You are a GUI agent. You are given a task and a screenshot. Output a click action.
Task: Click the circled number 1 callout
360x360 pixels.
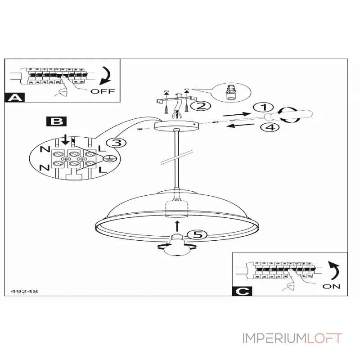click(x=263, y=107)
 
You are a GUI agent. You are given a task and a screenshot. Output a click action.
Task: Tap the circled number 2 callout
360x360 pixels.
click(x=201, y=106)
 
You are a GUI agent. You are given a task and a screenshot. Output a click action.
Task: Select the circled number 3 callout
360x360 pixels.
click(x=117, y=143)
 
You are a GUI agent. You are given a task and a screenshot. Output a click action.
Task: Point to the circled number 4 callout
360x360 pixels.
click(x=270, y=127)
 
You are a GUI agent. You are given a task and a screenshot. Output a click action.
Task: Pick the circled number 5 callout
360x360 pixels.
click(x=197, y=234)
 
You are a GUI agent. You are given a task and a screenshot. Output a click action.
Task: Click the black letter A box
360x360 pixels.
click(x=15, y=98)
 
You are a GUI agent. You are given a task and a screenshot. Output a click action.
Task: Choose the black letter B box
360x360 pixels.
click(x=57, y=121)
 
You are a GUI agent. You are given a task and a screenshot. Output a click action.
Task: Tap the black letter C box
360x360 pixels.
click(x=242, y=291)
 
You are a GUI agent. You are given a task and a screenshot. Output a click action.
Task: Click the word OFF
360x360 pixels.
click(x=103, y=91)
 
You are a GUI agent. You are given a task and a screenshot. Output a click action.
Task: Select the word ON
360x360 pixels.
click(x=331, y=287)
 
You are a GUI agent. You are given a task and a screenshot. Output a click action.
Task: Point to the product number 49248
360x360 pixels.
click(x=24, y=291)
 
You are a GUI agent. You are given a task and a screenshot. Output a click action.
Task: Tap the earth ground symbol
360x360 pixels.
click(x=110, y=158)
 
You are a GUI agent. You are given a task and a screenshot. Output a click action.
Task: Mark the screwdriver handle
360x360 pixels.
click(x=289, y=115)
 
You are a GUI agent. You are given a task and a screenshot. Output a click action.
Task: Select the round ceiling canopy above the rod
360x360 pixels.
click(x=176, y=126)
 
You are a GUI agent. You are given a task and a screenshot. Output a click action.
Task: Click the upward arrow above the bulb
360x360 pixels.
click(x=177, y=226)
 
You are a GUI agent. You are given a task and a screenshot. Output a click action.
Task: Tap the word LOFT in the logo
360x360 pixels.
click(x=324, y=338)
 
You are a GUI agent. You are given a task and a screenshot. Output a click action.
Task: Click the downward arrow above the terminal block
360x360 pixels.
click(x=66, y=140)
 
